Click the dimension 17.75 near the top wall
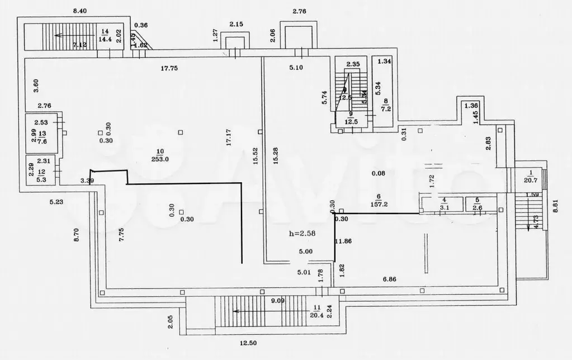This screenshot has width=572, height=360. click(x=169, y=68)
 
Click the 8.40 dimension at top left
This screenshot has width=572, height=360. click(x=81, y=11)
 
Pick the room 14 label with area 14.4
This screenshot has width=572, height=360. click(x=104, y=35)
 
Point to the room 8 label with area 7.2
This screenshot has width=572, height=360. click(x=385, y=105)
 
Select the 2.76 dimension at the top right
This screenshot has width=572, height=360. click(x=301, y=11)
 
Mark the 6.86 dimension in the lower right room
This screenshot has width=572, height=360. click(x=393, y=278)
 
